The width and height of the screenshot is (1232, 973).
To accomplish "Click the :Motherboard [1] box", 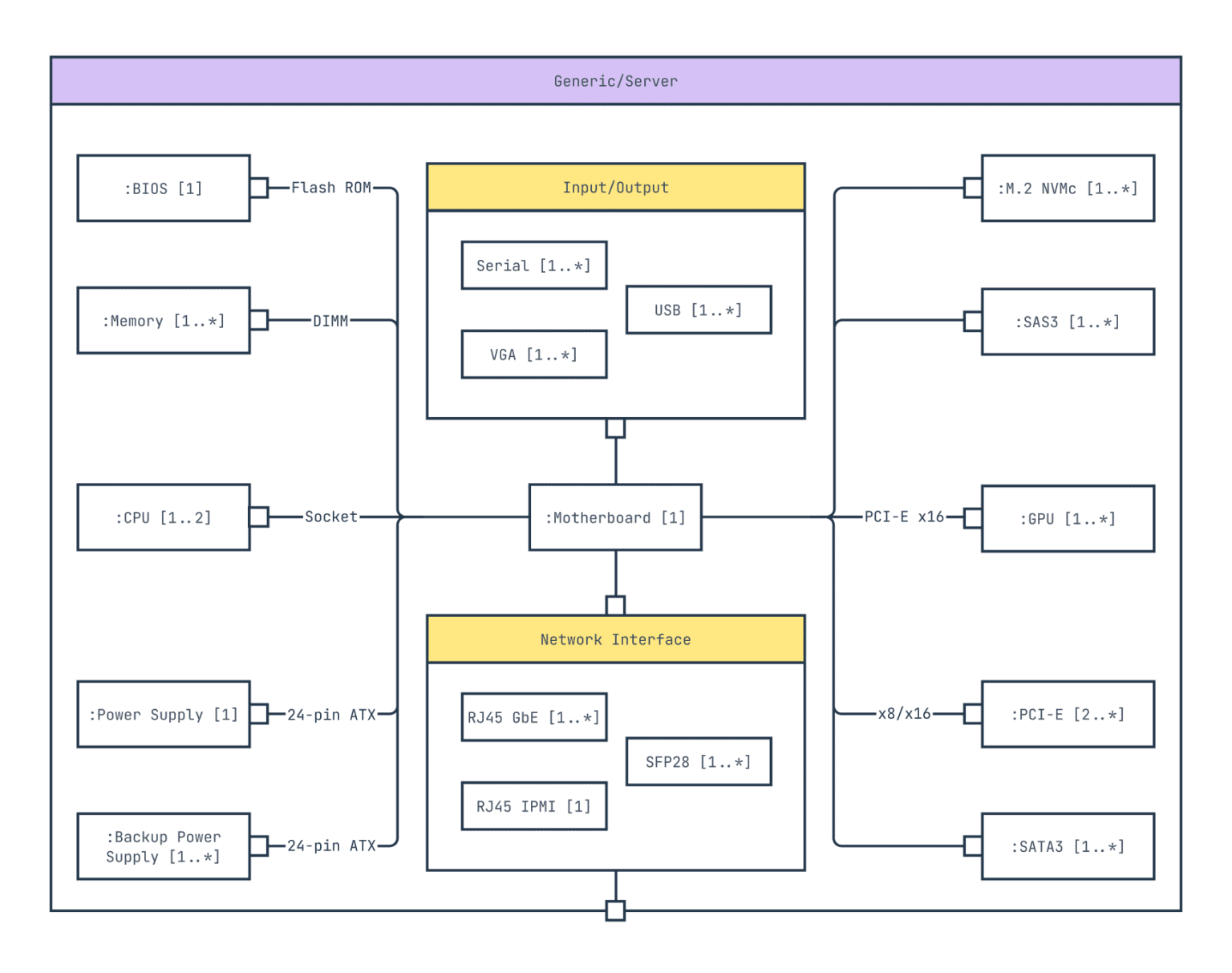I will click(615, 517).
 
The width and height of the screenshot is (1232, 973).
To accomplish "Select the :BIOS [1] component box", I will click(163, 189).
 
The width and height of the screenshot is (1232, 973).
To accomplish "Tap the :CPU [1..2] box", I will click(163, 517).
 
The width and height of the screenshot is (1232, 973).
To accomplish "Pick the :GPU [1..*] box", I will click(1068, 518).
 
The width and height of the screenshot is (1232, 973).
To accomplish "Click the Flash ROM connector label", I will click(330, 188).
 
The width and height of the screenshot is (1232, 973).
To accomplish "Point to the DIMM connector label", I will click(330, 321).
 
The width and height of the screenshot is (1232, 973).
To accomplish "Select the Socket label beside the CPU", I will click(330, 517).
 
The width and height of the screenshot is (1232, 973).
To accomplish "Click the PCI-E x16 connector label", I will click(904, 517).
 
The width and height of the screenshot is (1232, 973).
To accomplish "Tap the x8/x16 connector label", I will click(904, 713).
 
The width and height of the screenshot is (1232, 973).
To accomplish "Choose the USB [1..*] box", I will click(698, 310).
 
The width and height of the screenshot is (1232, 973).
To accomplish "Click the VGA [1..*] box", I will click(533, 355).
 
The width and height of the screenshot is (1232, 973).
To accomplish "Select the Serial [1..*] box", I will click(533, 266).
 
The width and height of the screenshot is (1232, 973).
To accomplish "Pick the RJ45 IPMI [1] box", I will click(533, 806).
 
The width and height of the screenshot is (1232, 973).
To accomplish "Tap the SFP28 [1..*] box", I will click(698, 761).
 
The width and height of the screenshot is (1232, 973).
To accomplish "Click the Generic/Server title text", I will click(615, 81).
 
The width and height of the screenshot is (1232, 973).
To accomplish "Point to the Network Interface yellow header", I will click(615, 639).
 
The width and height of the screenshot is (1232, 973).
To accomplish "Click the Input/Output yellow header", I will click(615, 188).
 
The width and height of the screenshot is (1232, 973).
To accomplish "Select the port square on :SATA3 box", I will click(973, 845).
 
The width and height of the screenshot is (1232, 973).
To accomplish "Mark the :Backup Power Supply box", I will click(163, 846).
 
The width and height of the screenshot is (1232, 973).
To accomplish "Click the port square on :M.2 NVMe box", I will click(973, 189).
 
